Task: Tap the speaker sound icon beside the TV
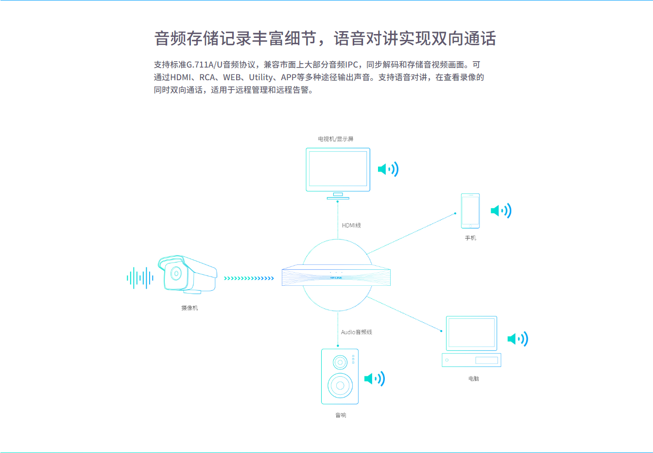(x=388, y=169)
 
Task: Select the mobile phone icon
(x=470, y=210)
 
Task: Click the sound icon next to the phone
(x=501, y=210)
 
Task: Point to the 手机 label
(x=470, y=238)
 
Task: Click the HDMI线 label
(x=351, y=225)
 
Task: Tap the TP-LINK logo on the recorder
(x=336, y=278)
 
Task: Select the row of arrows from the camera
(x=249, y=279)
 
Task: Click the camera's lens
(x=176, y=273)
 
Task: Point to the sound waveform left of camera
(x=140, y=278)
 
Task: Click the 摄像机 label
(x=189, y=308)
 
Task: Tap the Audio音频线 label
(x=356, y=332)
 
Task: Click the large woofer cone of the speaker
(x=340, y=385)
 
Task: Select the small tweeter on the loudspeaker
(x=340, y=362)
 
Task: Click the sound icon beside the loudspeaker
(x=375, y=379)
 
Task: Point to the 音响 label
(x=341, y=415)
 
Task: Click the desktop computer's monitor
(x=471, y=333)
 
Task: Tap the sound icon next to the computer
(x=518, y=339)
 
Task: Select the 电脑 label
(x=473, y=378)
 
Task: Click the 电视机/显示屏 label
(x=336, y=139)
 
